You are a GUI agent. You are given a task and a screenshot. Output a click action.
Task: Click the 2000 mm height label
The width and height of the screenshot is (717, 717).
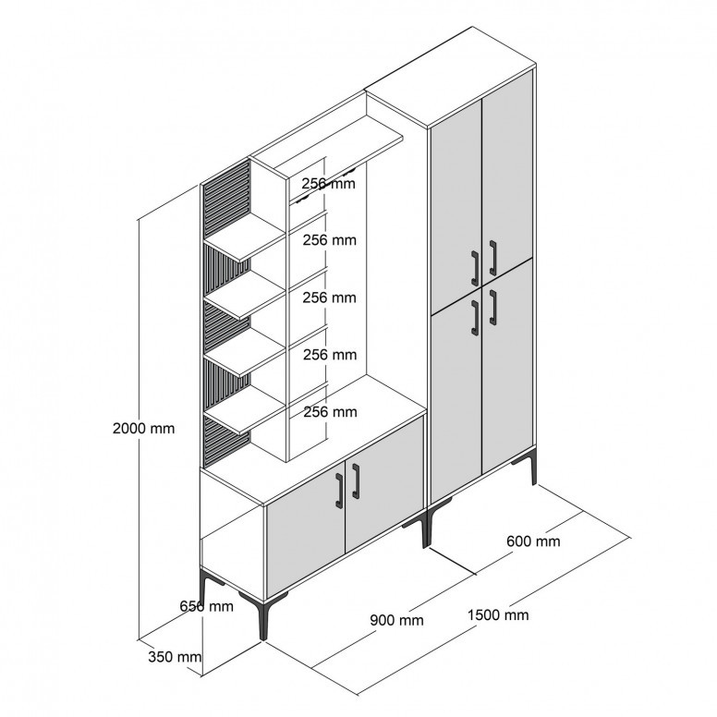click(x=143, y=429)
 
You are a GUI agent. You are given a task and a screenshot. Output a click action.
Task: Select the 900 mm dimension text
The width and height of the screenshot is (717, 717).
click(x=396, y=620)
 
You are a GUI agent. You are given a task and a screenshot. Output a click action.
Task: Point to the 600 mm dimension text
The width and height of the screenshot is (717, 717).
click(x=533, y=541)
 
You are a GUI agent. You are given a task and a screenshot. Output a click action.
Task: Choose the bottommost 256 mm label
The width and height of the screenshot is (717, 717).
click(x=330, y=412)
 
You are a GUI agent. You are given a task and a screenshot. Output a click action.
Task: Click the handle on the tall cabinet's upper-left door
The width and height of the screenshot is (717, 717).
click(x=475, y=266)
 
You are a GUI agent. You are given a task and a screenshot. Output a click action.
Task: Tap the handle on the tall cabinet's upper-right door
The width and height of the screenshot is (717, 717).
click(x=493, y=258)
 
